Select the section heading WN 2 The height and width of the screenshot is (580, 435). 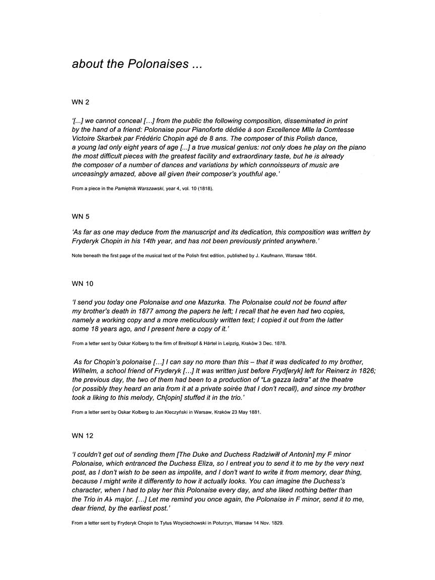pyautogui.click(x=81, y=102)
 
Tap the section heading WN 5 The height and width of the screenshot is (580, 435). pyautogui.click(x=81, y=216)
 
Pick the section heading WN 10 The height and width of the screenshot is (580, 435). pyautogui.click(x=83, y=284)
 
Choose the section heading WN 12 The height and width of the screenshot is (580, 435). pyautogui.click(x=83, y=435)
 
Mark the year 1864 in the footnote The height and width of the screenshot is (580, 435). pyautogui.click(x=308, y=256)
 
